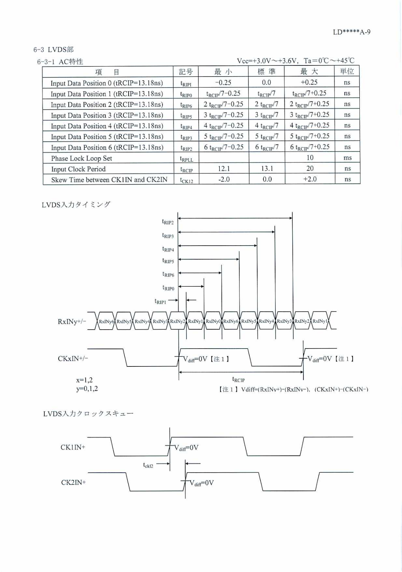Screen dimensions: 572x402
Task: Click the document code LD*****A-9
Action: pos(351,32)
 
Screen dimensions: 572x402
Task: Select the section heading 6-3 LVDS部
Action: pos(54,49)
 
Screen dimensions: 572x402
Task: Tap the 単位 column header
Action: pos(347,71)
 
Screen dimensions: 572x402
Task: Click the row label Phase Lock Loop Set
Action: pos(81,158)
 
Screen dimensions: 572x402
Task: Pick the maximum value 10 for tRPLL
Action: pos(310,158)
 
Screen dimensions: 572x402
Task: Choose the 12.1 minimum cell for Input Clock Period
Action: pos(224,168)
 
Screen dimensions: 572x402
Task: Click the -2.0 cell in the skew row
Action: pos(224,179)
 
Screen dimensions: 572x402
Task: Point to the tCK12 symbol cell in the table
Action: pos(186,180)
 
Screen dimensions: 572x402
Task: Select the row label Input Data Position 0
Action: pos(106,83)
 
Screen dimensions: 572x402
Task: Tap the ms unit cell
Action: pos(347,158)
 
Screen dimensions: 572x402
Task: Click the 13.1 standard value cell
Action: pos(267,168)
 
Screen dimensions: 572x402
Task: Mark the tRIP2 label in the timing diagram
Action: pos(168,222)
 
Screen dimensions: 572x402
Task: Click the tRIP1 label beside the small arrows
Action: pos(160,302)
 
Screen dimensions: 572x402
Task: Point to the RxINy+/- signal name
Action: pos(72,321)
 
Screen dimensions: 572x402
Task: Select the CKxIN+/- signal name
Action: pos(73,359)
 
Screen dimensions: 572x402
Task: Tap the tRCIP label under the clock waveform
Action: pos(238,380)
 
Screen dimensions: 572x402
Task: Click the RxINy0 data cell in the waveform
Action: pos(213,321)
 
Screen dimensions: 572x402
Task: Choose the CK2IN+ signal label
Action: pos(73,483)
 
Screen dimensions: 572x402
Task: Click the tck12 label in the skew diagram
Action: pos(148,465)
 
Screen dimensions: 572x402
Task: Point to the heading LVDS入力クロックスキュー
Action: pos(88,414)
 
